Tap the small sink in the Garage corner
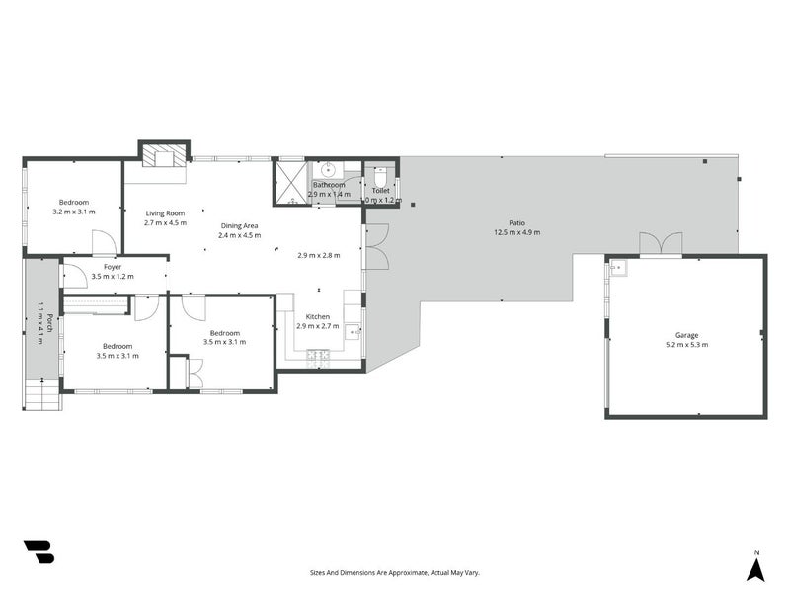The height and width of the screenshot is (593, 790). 617,267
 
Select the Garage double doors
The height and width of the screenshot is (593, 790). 660,243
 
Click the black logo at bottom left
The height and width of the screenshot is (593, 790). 39,551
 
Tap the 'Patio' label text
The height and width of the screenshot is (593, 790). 517,222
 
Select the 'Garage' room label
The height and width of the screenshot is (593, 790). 686,335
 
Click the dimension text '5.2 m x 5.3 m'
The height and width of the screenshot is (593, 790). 686,345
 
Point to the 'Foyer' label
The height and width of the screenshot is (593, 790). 112,266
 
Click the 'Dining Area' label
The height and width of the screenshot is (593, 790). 239,225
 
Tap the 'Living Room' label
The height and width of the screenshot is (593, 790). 165,212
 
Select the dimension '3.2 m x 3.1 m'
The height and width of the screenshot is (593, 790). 73,212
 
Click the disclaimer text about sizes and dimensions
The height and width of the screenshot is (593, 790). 395,572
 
